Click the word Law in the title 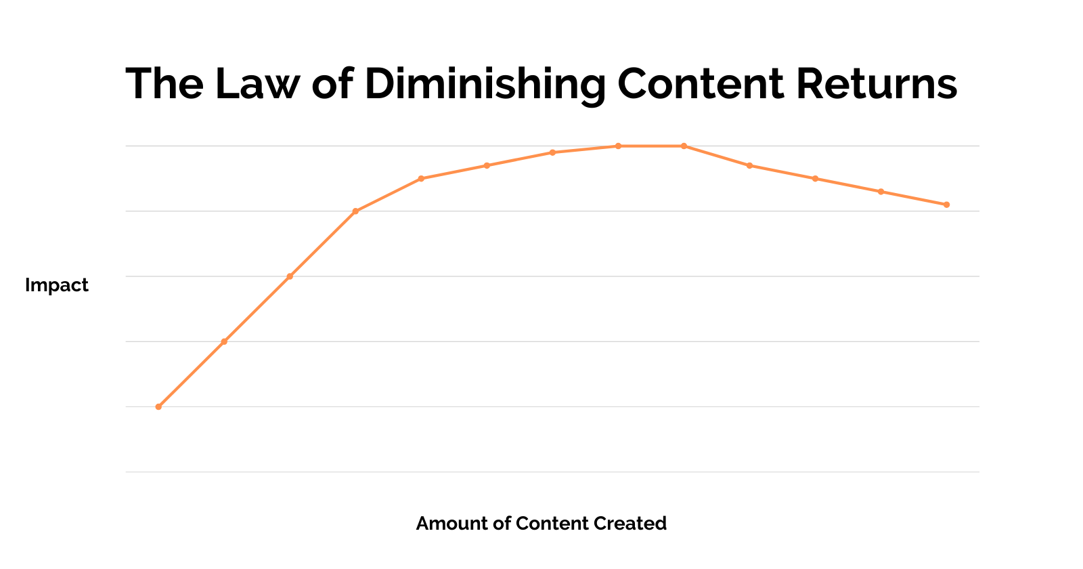click(x=257, y=84)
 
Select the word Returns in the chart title click(x=877, y=84)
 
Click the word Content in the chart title click(x=701, y=84)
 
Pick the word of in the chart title click(x=332, y=84)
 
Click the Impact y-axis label click(x=57, y=285)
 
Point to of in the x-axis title click(x=500, y=524)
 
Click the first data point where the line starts click(x=158, y=406)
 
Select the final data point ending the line click(x=946, y=205)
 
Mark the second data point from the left click(x=224, y=341)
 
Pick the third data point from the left click(x=290, y=276)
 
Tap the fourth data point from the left click(x=355, y=211)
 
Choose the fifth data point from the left click(x=421, y=179)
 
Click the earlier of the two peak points click(x=618, y=146)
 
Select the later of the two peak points click(x=684, y=146)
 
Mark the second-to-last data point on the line click(x=881, y=192)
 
